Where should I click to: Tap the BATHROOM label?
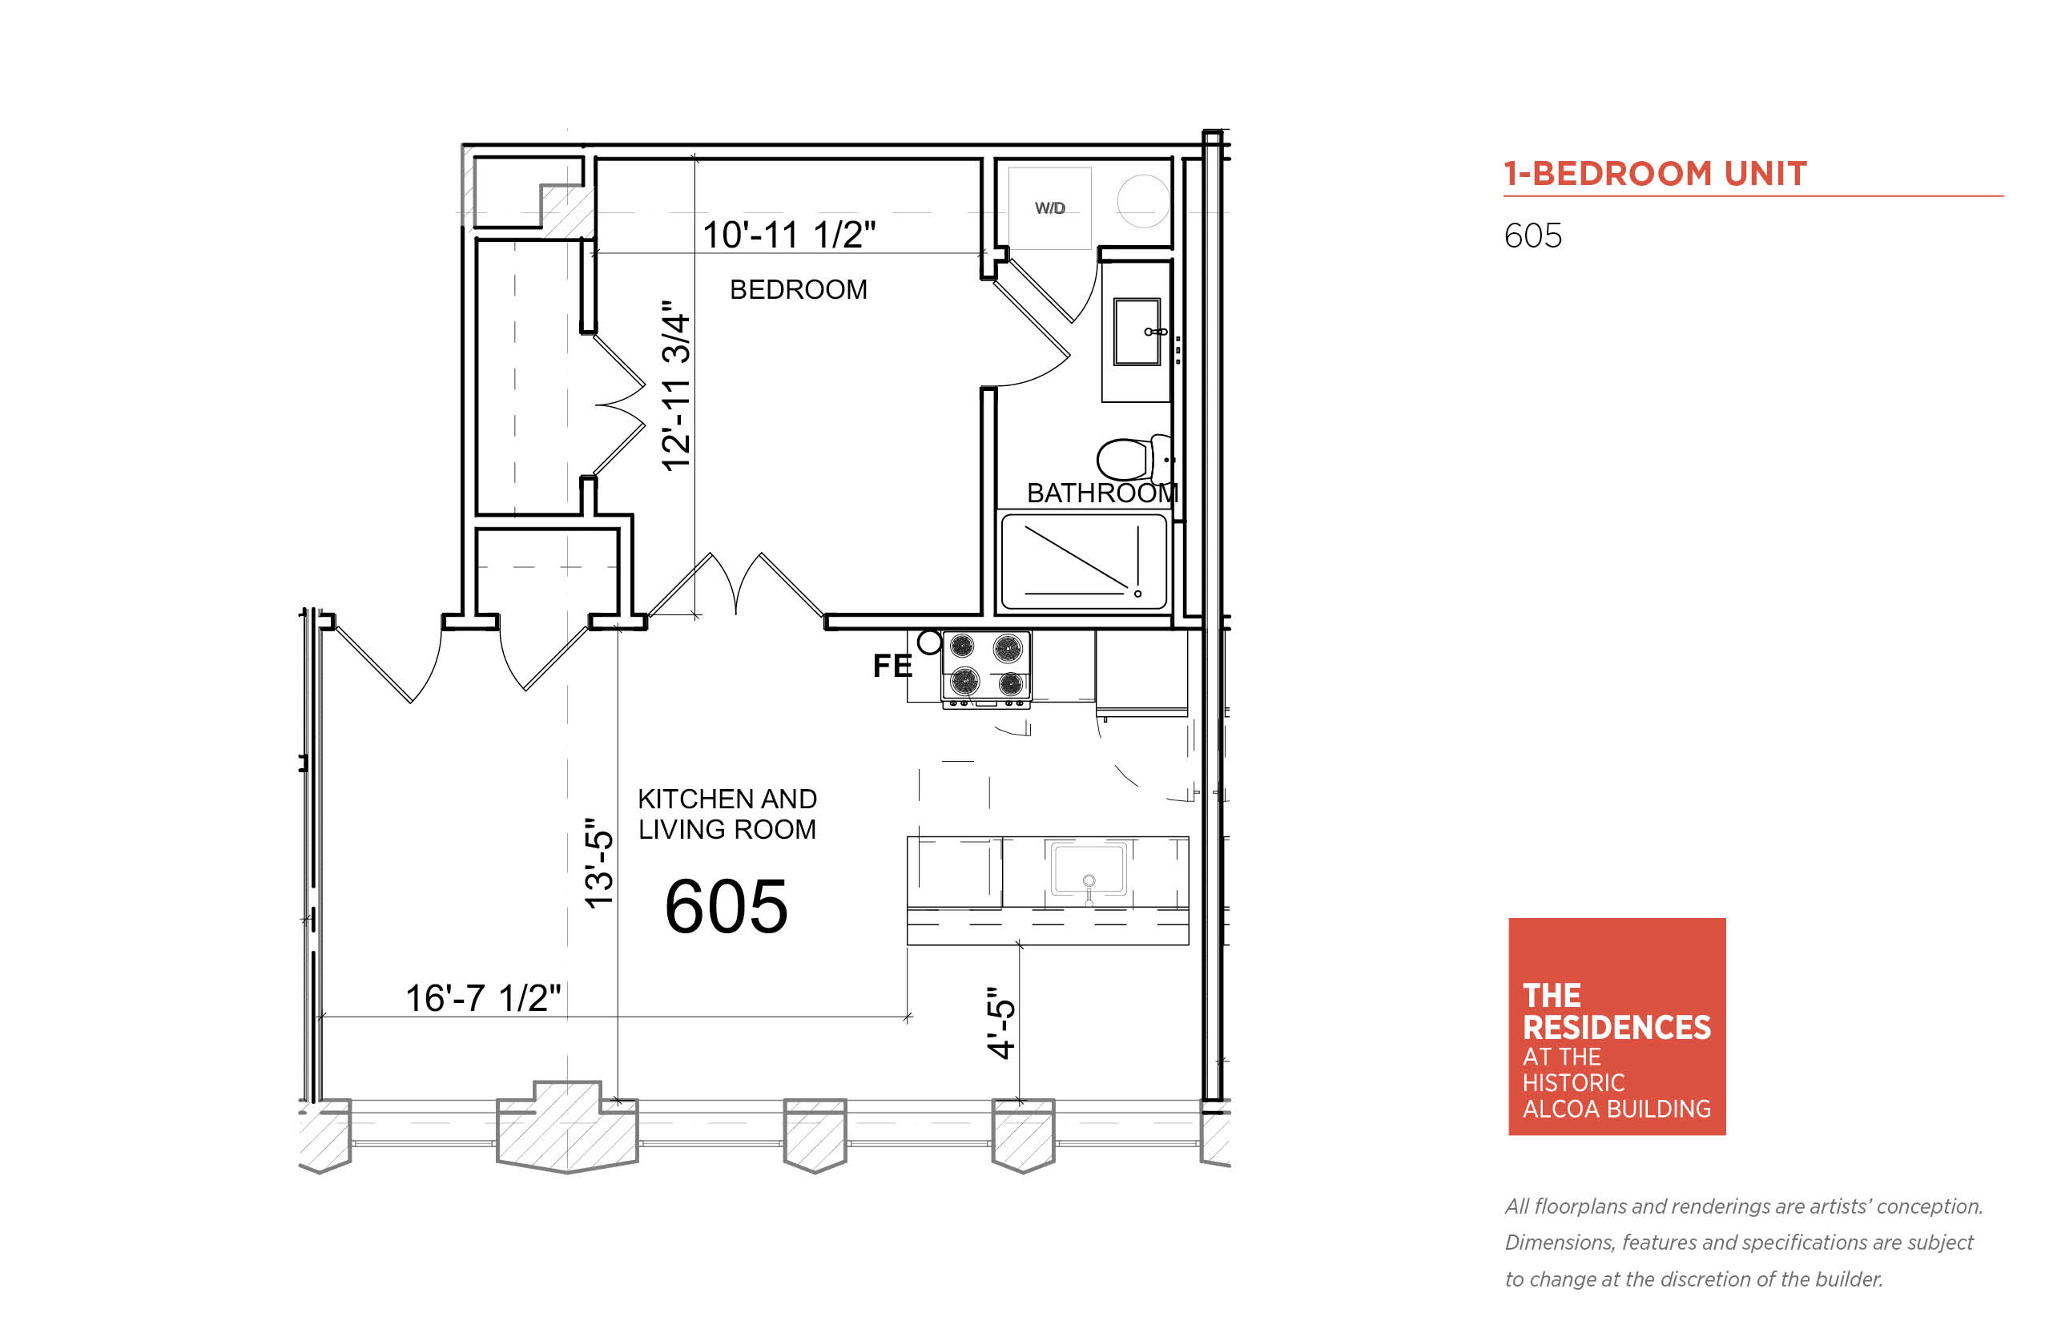(1102, 493)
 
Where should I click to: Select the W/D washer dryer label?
(1049, 208)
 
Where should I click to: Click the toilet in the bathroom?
(1133, 457)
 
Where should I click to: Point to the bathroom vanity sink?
(1137, 332)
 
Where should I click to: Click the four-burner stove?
(986, 669)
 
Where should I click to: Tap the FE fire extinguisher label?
(892, 666)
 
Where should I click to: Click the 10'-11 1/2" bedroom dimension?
(789, 234)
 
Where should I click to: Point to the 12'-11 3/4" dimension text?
(676, 385)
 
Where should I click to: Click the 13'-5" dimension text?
(598, 863)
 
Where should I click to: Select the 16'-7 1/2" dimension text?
(482, 998)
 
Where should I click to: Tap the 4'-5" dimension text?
(1001, 1022)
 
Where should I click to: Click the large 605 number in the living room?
(726, 907)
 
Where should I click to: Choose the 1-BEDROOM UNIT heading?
(1655, 174)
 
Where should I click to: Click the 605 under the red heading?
(1533, 236)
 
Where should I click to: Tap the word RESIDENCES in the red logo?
(1616, 1028)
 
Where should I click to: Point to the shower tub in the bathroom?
(1083, 562)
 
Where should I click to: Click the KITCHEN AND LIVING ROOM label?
(727, 814)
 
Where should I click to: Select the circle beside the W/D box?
(1143, 200)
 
